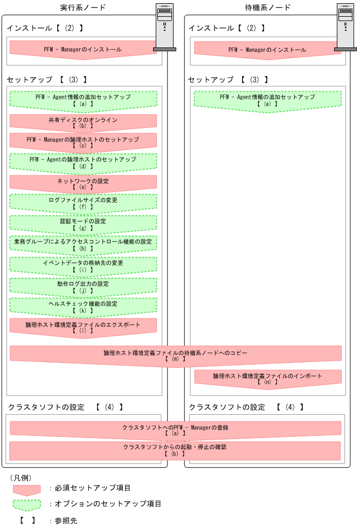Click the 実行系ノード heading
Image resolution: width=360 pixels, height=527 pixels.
(x=82, y=8)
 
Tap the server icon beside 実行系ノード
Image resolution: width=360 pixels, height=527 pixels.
(x=164, y=27)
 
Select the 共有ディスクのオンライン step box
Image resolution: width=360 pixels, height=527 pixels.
(x=82, y=122)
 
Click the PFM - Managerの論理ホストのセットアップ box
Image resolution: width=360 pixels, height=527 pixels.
(x=82, y=142)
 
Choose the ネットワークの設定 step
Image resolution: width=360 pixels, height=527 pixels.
(x=82, y=183)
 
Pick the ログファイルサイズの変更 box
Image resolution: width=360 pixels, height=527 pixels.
(x=82, y=203)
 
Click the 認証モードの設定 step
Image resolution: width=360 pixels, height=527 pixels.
(x=82, y=224)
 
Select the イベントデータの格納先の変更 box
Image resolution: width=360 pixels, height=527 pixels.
(x=82, y=265)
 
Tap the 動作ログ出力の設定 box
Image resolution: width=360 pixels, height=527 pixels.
(x=82, y=286)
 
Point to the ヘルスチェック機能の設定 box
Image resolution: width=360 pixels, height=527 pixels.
(x=82, y=306)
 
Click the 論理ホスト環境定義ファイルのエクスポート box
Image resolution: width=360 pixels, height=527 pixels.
(x=82, y=327)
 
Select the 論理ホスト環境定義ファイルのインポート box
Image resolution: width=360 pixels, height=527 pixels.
(x=267, y=378)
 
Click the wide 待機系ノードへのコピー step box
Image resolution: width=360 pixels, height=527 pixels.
(x=175, y=355)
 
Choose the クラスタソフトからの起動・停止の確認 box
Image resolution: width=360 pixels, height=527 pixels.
(x=175, y=450)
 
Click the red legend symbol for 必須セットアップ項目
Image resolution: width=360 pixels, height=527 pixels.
(x=26, y=489)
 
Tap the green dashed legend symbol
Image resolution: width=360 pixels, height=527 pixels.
(x=26, y=504)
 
